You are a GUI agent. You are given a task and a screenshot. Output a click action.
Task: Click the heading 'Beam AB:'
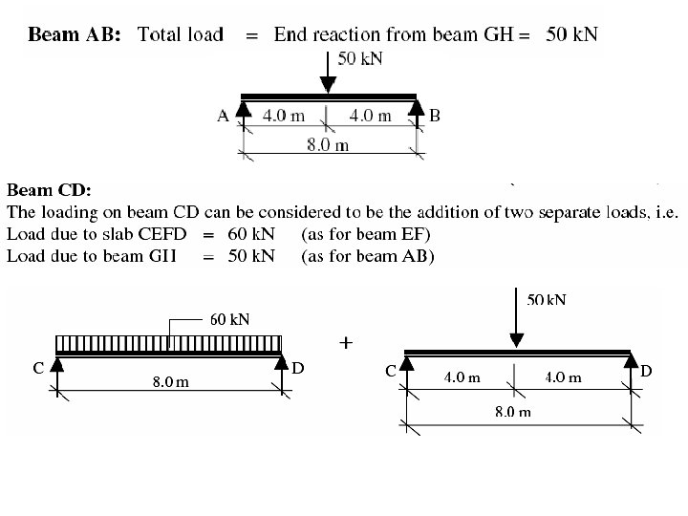(75, 35)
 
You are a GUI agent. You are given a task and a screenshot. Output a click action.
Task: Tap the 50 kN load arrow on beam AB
(328, 72)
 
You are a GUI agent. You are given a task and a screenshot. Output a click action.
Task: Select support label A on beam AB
(222, 117)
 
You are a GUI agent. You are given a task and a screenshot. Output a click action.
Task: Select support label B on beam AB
(435, 117)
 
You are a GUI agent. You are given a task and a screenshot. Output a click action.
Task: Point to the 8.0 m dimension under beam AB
(327, 145)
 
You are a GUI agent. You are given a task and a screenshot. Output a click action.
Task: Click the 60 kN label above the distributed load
(229, 319)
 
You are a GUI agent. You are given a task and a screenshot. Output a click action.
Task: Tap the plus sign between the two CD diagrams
(346, 341)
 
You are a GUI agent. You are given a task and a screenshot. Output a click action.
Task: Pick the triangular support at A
(243, 112)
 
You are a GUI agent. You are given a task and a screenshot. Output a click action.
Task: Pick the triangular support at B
(416, 112)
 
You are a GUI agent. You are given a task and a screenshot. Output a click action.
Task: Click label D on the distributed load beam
(297, 368)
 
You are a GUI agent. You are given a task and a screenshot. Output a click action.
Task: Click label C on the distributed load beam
(37, 368)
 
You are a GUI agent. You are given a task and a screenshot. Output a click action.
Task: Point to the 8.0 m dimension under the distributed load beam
(171, 384)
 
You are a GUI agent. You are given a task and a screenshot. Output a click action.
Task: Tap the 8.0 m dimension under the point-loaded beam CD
(512, 413)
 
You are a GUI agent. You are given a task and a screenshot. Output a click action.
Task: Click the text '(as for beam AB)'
(368, 255)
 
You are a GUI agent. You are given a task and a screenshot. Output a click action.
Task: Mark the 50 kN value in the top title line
(572, 35)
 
